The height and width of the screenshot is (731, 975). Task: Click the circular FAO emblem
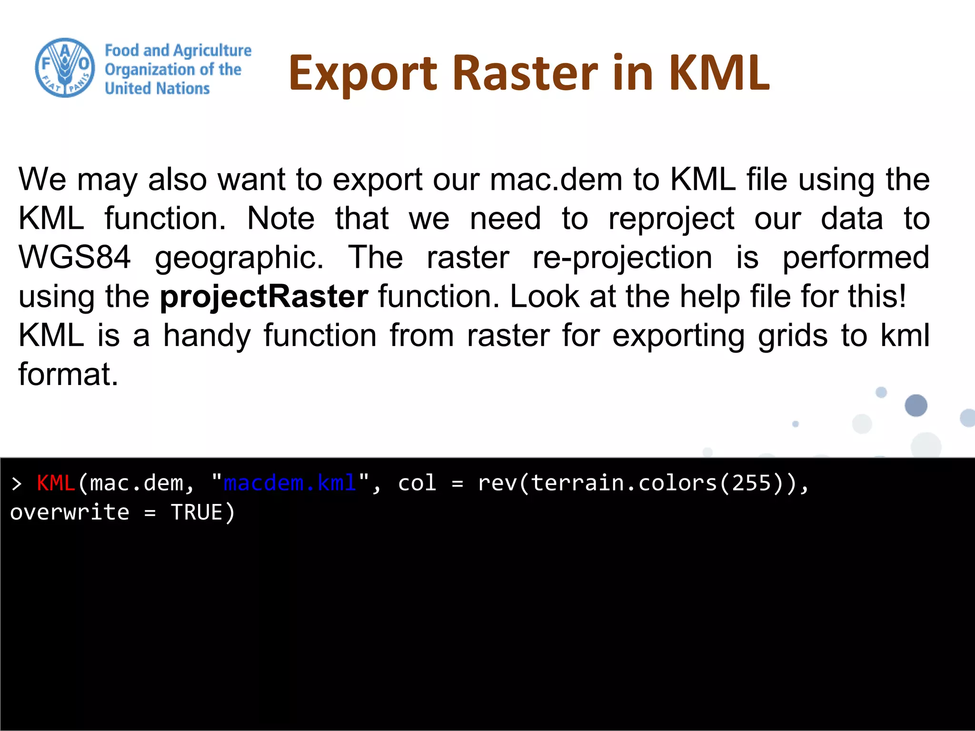pyautogui.click(x=65, y=68)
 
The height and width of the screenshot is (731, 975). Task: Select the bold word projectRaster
pyautogui.click(x=264, y=296)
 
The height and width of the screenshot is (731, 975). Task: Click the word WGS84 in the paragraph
pyautogui.click(x=74, y=257)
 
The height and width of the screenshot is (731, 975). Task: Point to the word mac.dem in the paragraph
pyautogui.click(x=556, y=179)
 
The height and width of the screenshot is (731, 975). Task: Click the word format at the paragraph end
pyautogui.click(x=68, y=375)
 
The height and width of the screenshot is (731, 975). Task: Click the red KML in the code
pyautogui.click(x=56, y=483)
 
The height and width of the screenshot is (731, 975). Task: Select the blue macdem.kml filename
pyautogui.click(x=289, y=483)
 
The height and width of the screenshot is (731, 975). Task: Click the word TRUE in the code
pyautogui.click(x=196, y=513)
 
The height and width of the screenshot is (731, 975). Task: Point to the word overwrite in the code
pyautogui.click(x=70, y=513)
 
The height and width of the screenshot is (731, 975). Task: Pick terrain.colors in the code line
pyautogui.click(x=624, y=483)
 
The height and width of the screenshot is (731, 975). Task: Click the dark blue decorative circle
pyautogui.click(x=915, y=405)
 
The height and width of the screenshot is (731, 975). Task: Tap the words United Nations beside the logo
pyautogui.click(x=157, y=89)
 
